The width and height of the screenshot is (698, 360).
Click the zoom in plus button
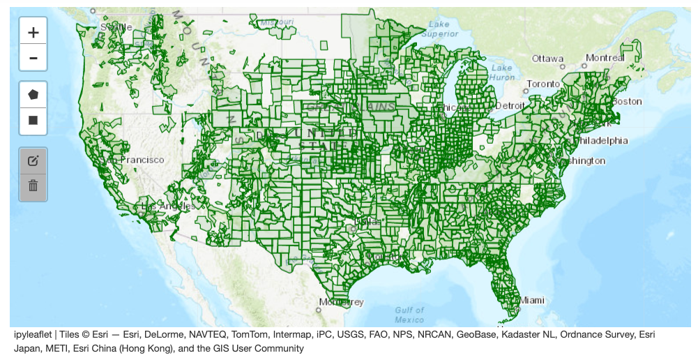(x=33, y=32)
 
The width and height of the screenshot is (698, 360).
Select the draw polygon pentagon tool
(x=33, y=93)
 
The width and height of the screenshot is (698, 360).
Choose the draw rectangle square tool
(x=33, y=120)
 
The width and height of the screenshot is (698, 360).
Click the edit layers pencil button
(x=33, y=160)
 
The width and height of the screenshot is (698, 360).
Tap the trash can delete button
(x=33, y=186)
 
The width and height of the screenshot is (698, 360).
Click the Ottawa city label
(x=547, y=58)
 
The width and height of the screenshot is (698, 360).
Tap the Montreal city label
(x=605, y=57)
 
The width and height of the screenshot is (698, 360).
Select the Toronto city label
(x=543, y=84)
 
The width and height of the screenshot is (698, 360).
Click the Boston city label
(x=626, y=101)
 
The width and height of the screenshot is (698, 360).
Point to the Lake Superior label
(x=440, y=29)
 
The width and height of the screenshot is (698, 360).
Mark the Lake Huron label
(x=502, y=73)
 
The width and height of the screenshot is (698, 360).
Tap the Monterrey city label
(x=342, y=302)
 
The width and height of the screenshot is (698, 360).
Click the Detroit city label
(x=508, y=105)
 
